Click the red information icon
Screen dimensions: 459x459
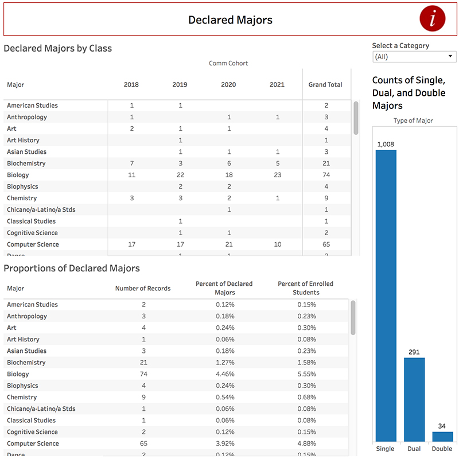coord(432,20)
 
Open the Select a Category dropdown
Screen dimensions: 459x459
coord(414,57)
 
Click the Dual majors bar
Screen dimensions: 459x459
coord(414,399)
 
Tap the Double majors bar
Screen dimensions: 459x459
coord(442,436)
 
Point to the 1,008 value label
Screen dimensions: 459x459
coord(386,144)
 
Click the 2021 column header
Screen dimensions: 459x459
coord(277,85)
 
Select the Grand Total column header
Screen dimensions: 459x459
coord(325,85)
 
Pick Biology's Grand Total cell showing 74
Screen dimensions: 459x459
coord(326,175)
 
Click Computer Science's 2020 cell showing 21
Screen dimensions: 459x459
coord(228,244)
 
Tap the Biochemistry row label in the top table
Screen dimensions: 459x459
coord(26,164)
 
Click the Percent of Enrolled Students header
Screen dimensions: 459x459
coord(306,288)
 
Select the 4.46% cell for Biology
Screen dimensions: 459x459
coord(225,374)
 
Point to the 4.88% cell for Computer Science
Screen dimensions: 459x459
coord(306,444)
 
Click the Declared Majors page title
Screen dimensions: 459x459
coord(230,20)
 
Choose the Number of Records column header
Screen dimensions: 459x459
coord(143,288)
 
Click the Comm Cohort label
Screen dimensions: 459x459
coord(228,63)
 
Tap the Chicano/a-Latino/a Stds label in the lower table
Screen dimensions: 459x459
coord(41,409)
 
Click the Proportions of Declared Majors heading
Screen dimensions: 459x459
coord(72,269)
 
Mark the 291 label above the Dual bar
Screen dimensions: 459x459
coord(414,352)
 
